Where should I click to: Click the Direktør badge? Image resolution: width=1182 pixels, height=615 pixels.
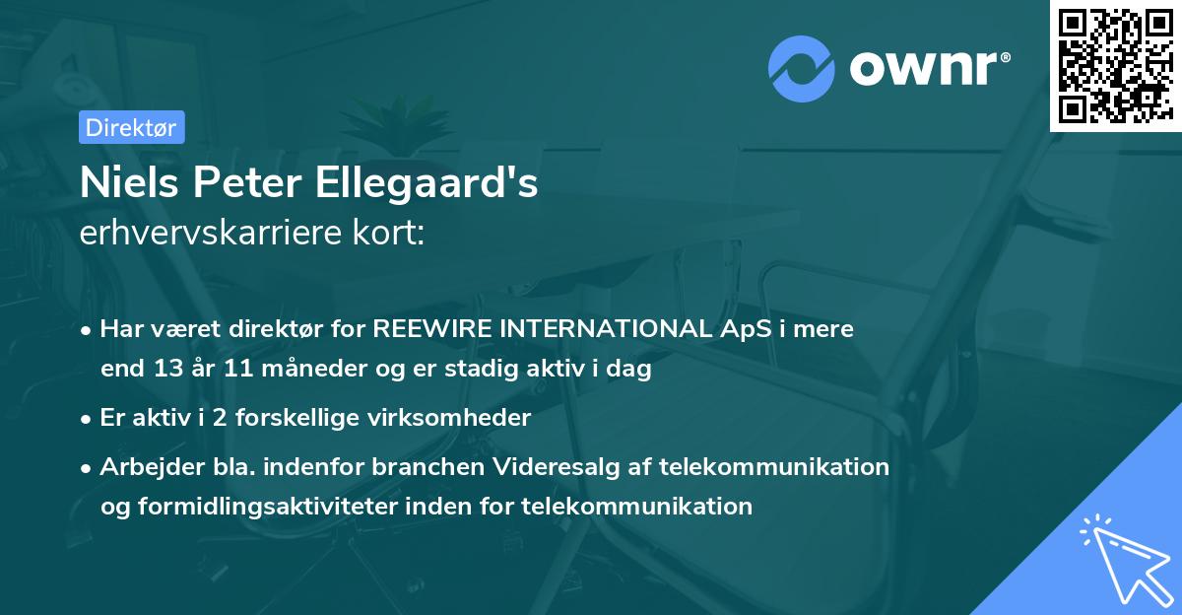click(131, 127)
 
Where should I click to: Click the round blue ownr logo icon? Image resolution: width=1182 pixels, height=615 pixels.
click(802, 70)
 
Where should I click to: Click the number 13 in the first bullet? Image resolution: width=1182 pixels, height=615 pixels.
click(163, 370)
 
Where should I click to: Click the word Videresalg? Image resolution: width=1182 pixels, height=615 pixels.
click(530, 466)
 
